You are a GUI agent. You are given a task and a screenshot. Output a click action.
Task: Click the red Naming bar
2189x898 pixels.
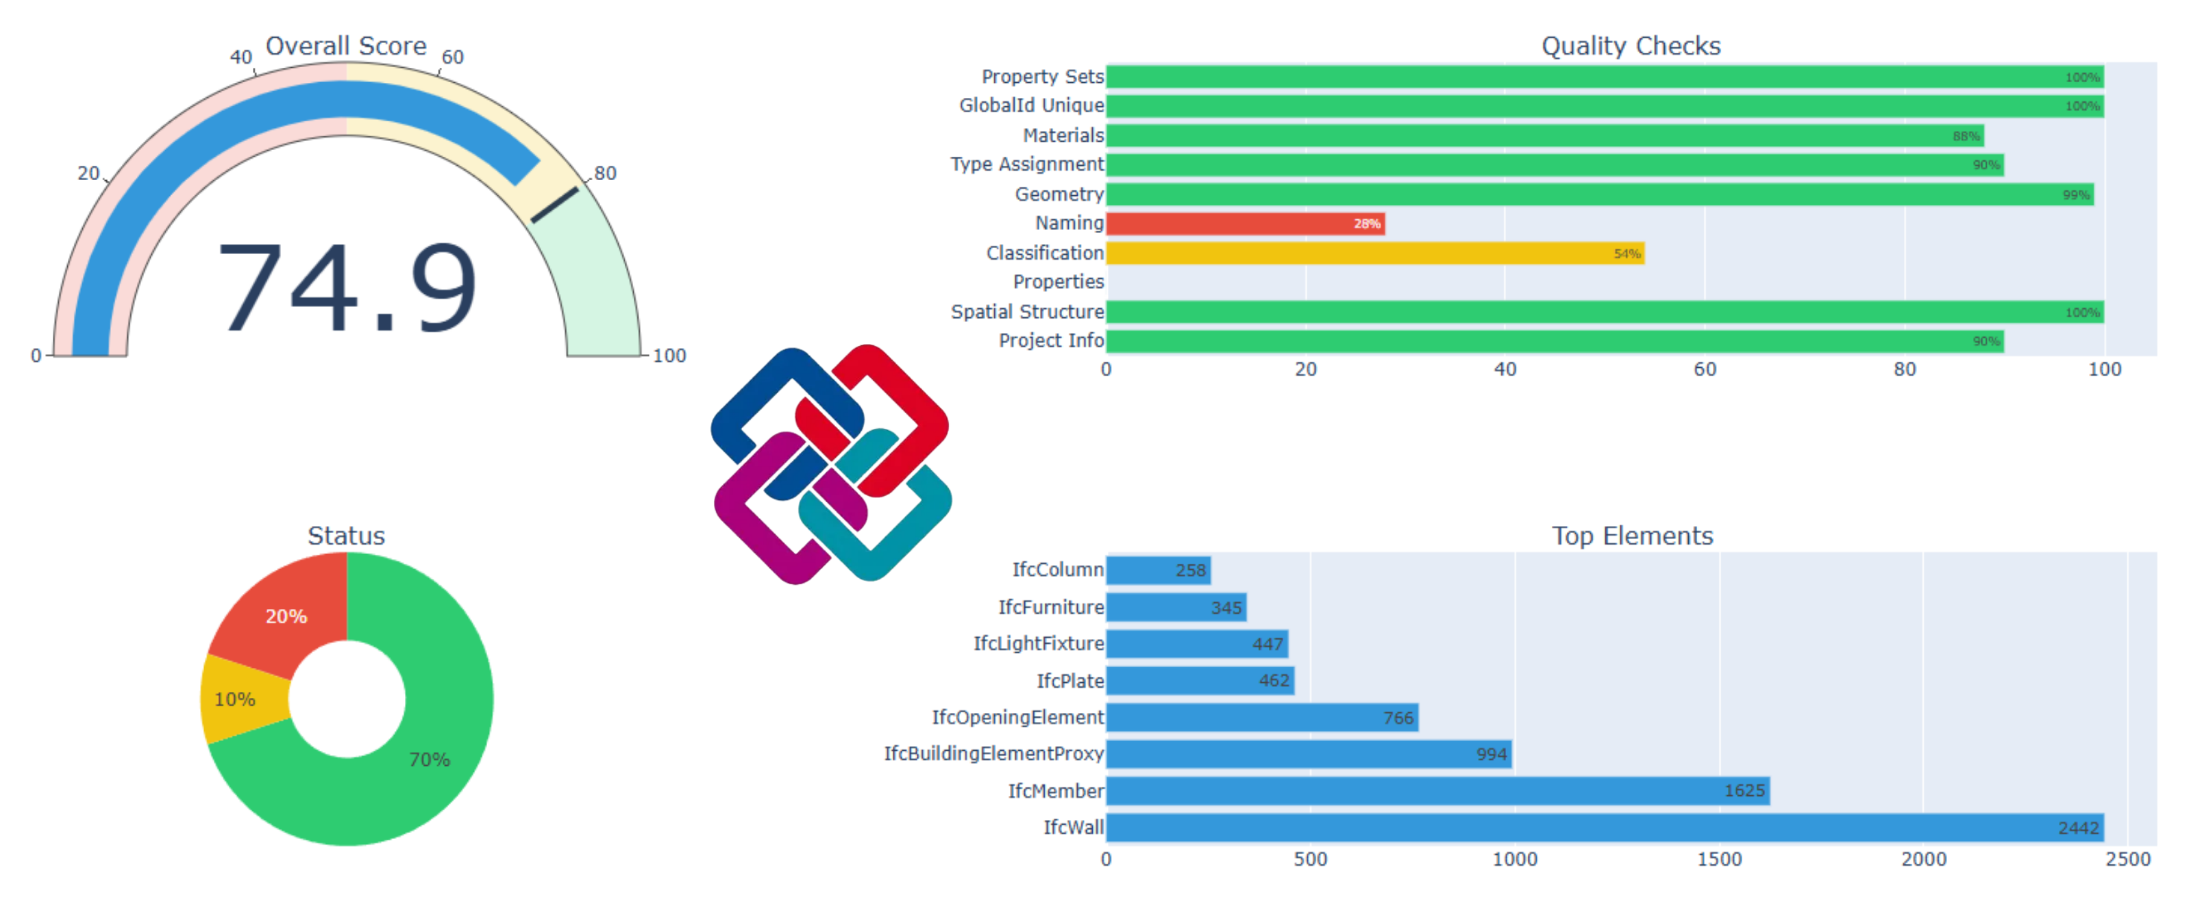tap(1245, 223)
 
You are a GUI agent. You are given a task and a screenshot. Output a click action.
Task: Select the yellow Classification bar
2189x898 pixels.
tap(1375, 253)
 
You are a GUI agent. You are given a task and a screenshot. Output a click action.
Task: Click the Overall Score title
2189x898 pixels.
tap(346, 46)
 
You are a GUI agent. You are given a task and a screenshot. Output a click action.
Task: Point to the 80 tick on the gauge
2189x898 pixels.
tap(604, 173)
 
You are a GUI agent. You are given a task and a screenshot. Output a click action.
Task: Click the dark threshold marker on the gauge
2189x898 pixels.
tap(554, 205)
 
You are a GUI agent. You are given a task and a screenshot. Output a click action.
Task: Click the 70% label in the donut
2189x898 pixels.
tap(429, 759)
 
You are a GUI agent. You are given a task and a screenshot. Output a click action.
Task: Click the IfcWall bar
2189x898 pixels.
tap(1605, 827)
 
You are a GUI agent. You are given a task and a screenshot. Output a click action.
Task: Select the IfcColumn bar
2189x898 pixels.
tap(1157, 569)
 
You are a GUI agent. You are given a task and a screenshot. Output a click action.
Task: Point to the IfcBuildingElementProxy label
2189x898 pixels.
tap(993, 753)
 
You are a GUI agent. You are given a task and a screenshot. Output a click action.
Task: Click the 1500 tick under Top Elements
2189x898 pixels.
tap(1719, 859)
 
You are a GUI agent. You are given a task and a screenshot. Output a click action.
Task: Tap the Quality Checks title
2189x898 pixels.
tap(1631, 46)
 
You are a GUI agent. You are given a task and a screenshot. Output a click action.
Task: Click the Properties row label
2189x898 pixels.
tap(1058, 282)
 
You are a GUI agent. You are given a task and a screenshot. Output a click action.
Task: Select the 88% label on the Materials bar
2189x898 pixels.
tap(1965, 136)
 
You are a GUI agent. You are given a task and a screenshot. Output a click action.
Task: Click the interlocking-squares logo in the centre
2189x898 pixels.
tap(831, 464)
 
